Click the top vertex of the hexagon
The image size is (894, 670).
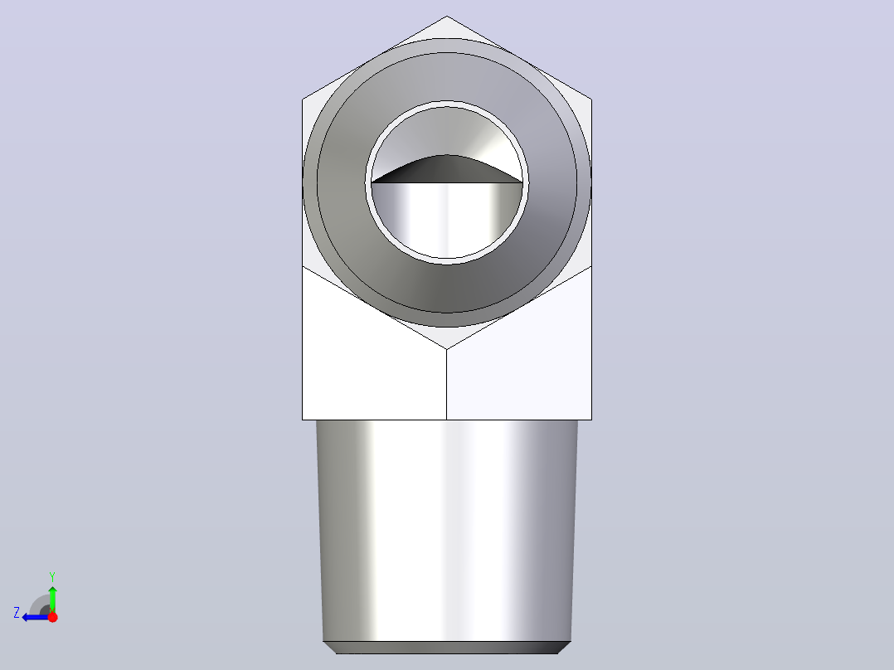point(447,16)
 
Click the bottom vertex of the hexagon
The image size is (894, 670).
point(447,349)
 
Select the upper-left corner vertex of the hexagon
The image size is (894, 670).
point(302,100)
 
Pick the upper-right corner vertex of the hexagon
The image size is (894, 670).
point(592,100)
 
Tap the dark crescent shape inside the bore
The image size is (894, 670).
point(447,170)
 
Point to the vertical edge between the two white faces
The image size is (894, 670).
point(446,384)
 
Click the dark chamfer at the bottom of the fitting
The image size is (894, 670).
point(447,648)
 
